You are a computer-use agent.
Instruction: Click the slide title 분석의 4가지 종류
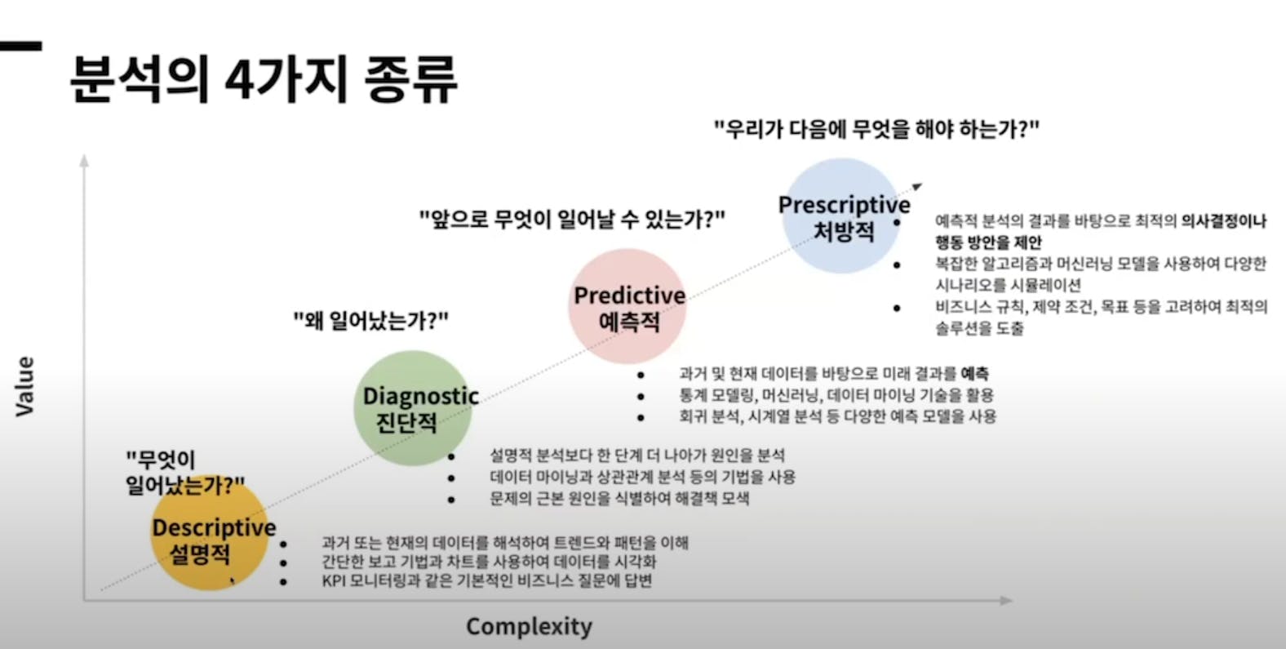pyautogui.click(x=264, y=79)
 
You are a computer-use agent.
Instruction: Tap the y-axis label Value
pyautogui.click(x=25, y=386)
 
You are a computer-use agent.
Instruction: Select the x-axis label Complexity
pyautogui.click(x=529, y=627)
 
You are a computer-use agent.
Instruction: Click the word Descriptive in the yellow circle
pyautogui.click(x=214, y=527)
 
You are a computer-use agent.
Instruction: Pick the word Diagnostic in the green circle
pyautogui.click(x=421, y=396)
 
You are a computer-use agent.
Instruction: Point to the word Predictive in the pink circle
pyautogui.click(x=630, y=296)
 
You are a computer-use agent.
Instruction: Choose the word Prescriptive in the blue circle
pyautogui.click(x=844, y=205)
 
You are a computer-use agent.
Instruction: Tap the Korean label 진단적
pyautogui.click(x=406, y=423)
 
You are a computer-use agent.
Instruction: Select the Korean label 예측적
pyautogui.click(x=629, y=322)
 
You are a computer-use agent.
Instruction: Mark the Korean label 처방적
pyautogui.click(x=844, y=232)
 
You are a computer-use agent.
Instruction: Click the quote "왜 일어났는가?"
pyautogui.click(x=371, y=321)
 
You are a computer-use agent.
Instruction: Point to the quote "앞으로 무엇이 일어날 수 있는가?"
pyautogui.click(x=572, y=219)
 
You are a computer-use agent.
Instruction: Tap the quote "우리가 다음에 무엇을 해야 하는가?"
pyautogui.click(x=876, y=129)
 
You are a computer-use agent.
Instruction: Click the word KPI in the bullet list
pyautogui.click(x=333, y=580)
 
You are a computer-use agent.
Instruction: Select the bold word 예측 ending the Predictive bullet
pyautogui.click(x=975, y=374)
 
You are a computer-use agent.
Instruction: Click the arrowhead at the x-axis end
pyautogui.click(x=1006, y=600)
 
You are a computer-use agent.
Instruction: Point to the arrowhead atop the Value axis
pyautogui.click(x=84, y=160)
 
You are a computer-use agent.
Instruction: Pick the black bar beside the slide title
pyautogui.click(x=20, y=46)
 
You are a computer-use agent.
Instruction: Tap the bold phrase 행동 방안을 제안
pyautogui.click(x=988, y=242)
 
